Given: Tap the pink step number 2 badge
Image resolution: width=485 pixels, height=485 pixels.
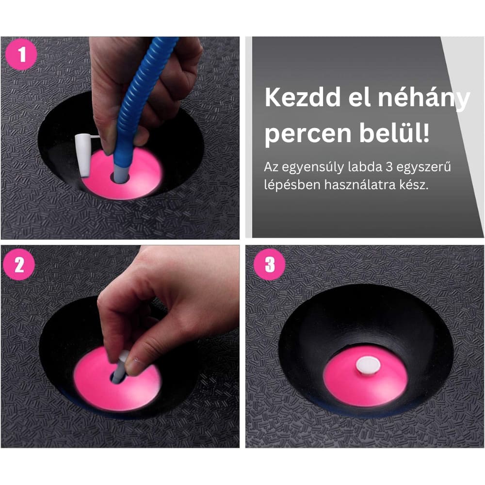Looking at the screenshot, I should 20,265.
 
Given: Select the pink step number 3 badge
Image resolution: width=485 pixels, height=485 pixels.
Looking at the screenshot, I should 269,265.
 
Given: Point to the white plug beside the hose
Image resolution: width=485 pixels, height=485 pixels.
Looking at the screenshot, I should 82,153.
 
